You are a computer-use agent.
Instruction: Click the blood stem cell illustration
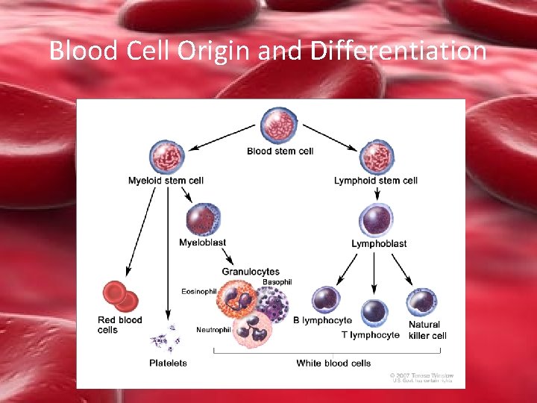(279, 125)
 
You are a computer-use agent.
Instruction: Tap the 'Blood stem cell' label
(280, 151)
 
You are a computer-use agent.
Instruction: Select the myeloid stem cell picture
(166, 157)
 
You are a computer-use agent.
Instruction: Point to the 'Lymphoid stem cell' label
(376, 181)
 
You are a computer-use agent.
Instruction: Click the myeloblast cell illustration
(204, 219)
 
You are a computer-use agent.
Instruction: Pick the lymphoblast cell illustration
(377, 221)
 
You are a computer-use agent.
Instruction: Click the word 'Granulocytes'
(251, 272)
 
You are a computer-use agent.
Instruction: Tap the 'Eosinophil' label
(198, 291)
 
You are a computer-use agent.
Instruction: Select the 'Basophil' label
(277, 282)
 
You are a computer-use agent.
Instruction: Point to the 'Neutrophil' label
(213, 330)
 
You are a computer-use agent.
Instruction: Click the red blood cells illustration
(120, 296)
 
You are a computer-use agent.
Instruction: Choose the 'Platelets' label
(168, 363)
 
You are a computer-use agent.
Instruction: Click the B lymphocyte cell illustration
(325, 300)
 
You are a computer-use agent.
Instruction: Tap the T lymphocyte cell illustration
(374, 313)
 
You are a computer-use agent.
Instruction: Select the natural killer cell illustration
(422, 302)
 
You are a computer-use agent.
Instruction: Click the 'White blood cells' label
(333, 363)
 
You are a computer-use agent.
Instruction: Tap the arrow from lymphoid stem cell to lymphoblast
(377, 193)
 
